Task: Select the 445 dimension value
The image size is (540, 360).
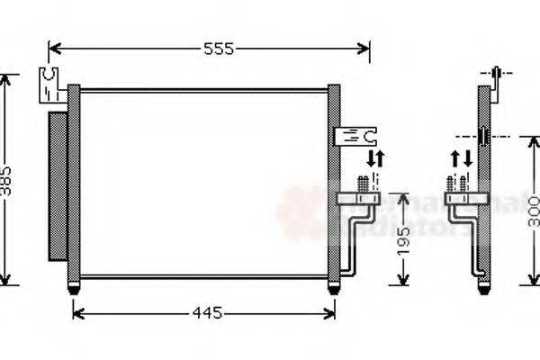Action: [206, 313]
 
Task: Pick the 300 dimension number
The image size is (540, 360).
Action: [532, 212]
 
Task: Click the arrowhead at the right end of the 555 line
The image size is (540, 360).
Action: [364, 49]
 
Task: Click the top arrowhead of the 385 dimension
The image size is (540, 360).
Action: [7, 79]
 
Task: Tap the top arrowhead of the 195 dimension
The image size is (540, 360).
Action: [402, 197]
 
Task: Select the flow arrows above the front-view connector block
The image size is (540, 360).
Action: [374, 160]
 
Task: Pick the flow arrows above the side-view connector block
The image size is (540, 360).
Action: [462, 160]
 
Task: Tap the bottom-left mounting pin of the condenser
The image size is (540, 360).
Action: [73, 288]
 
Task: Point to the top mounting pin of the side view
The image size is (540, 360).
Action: [496, 73]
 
